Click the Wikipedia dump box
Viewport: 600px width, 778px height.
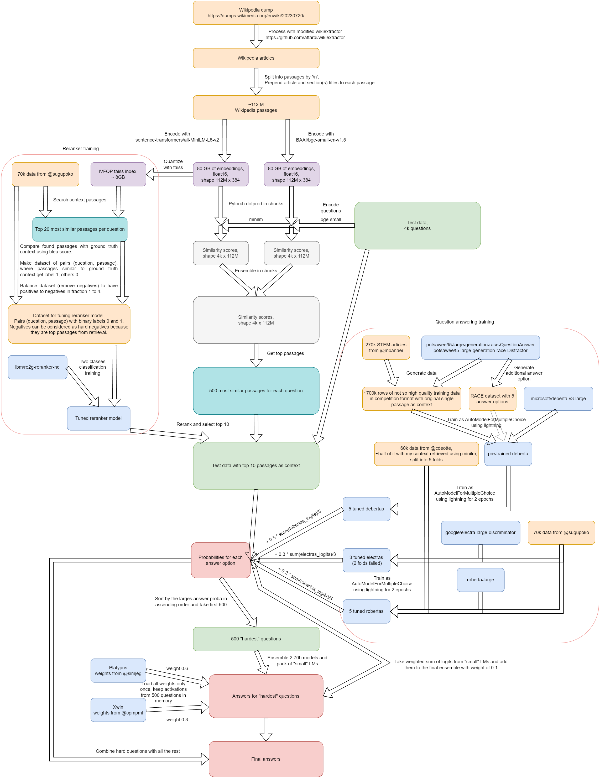[256, 13]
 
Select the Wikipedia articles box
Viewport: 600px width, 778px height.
[256, 58]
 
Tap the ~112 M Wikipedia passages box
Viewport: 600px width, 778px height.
[256, 107]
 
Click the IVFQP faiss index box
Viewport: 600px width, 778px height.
[118, 174]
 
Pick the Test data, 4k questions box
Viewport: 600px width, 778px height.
[417, 226]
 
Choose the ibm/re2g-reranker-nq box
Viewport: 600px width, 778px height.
[37, 367]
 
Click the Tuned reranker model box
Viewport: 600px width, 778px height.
[98, 418]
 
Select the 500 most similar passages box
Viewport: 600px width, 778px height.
[256, 391]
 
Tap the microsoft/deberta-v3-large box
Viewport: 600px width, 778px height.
[558, 399]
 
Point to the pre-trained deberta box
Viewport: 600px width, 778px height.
[508, 454]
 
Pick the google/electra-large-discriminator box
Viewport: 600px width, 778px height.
[480, 532]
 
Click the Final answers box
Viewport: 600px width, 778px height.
[266, 759]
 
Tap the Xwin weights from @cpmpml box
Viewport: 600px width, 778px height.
[118, 710]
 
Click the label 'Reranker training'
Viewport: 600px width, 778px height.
[81, 149]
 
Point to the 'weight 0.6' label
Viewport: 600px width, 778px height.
[177, 669]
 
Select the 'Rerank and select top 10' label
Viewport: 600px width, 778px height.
[203, 424]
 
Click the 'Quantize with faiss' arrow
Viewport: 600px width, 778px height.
[170, 174]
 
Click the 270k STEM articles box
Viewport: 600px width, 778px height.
[386, 348]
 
